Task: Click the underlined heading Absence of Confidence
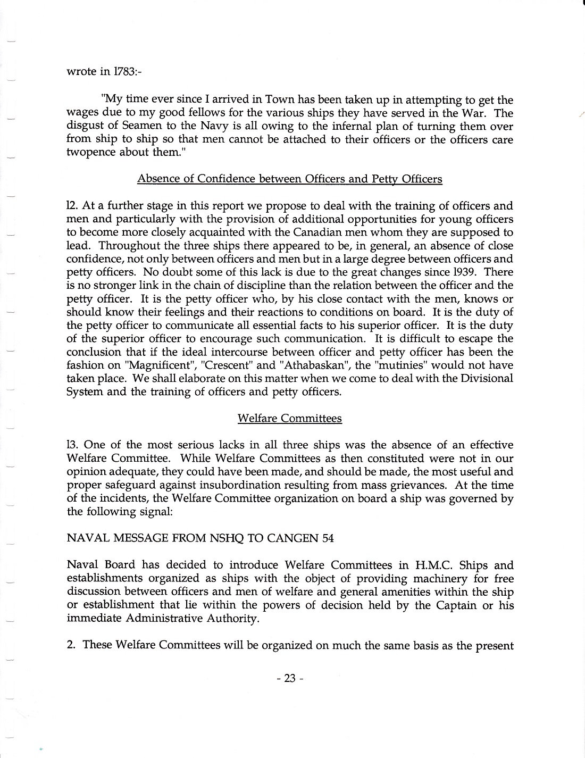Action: [x=289, y=179]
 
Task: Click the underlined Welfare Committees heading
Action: [x=289, y=418]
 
